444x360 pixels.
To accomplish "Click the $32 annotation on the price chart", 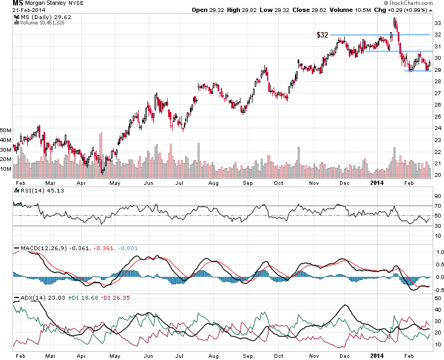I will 322,35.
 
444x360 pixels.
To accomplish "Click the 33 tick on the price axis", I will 437,23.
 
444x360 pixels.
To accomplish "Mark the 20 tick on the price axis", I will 437,175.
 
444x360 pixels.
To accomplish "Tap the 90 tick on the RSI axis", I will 437,196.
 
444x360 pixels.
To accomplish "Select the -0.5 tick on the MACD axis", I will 436,290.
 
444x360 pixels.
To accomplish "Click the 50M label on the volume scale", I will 7,131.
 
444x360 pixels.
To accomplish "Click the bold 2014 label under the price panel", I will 377,183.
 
